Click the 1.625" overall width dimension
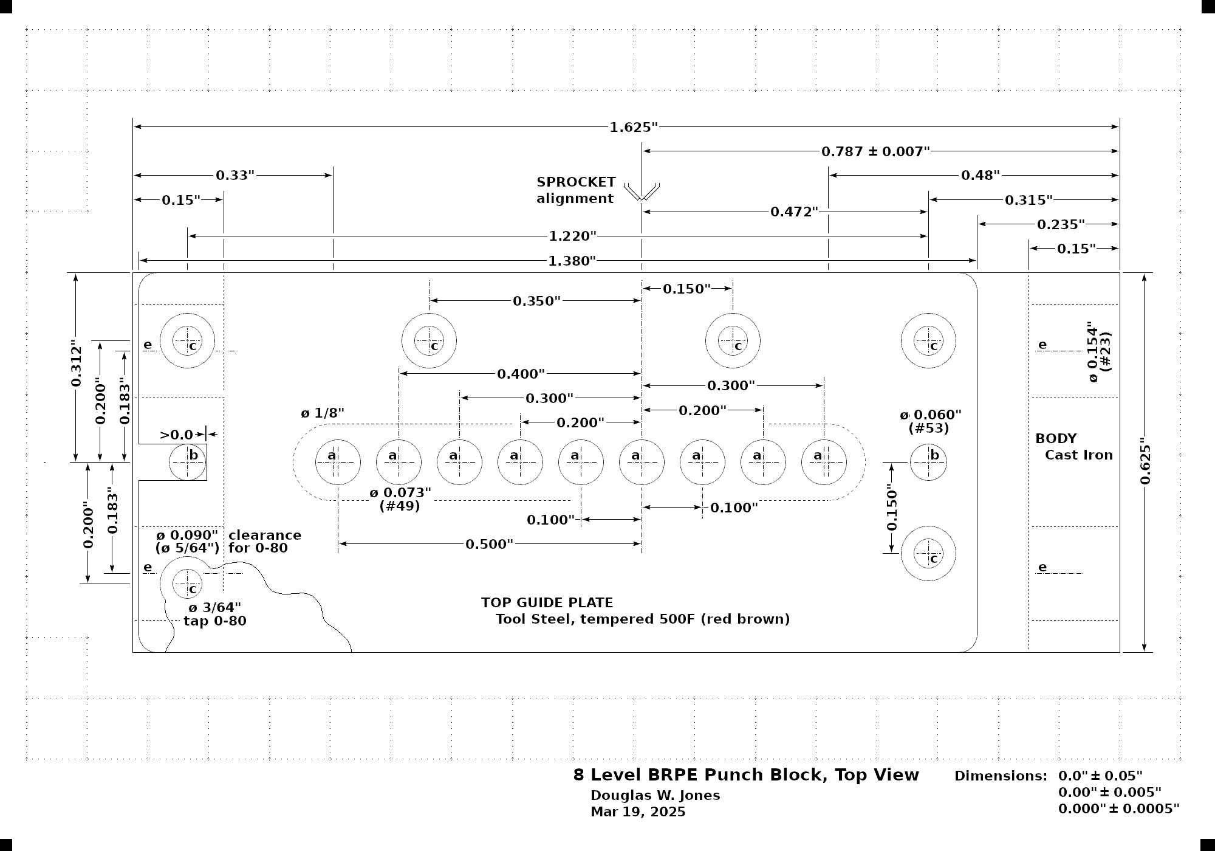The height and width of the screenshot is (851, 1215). [634, 127]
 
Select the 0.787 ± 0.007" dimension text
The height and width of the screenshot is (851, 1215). [875, 151]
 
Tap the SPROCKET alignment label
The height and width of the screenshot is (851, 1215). [576, 190]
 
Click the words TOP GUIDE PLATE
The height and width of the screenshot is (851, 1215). [547, 602]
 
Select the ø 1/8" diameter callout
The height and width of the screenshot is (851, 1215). [323, 413]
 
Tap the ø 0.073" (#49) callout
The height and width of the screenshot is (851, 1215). [400, 498]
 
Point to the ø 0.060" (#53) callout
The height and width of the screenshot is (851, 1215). [930, 421]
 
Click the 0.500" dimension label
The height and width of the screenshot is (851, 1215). [489, 544]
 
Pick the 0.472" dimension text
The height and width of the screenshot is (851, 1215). [794, 212]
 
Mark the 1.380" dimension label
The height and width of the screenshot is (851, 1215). [572, 261]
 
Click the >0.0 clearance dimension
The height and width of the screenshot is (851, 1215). [176, 435]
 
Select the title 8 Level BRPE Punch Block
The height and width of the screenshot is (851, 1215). [746, 775]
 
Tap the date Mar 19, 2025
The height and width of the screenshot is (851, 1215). [638, 812]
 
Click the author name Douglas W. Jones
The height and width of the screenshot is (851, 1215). [655, 795]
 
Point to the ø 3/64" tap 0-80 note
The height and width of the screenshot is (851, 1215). [214, 614]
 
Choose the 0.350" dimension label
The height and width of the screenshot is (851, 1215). [536, 301]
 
